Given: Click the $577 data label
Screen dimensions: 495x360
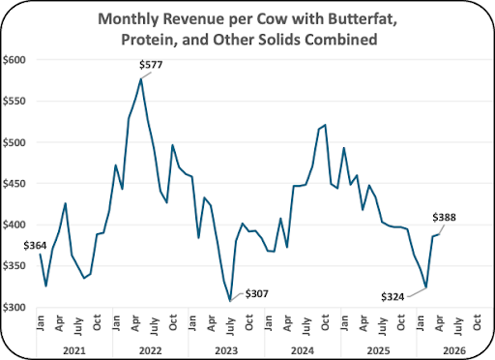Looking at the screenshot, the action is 151,65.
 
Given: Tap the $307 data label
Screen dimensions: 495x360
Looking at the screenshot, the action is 256,294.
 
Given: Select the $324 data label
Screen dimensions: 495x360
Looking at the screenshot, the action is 393,297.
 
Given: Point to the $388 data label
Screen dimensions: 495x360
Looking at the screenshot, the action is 444,218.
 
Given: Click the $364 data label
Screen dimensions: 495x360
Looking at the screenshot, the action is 35,246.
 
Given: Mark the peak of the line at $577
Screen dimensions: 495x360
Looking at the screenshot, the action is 141,78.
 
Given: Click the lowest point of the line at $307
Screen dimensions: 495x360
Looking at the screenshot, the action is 230,301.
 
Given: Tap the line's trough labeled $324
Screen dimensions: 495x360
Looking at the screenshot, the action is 426,287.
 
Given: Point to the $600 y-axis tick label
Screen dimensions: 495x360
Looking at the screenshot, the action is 15,60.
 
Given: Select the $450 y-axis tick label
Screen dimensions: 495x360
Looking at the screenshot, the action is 15,184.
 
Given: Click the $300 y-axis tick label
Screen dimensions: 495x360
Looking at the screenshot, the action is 15,308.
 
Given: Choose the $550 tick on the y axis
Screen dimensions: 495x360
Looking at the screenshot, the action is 15,102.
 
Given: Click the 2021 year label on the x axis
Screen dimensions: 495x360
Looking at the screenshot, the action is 74,350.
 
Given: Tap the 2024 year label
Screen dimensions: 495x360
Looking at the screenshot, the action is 303,350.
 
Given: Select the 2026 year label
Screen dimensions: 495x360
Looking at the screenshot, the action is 454,350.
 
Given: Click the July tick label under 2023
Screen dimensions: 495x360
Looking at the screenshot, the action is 230,326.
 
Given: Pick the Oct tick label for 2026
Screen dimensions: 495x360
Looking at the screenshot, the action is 477,322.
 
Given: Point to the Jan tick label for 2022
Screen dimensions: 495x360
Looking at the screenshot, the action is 116,322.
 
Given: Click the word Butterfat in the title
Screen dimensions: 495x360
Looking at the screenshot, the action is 363,19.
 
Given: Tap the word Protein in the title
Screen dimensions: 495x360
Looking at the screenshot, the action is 148,40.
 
